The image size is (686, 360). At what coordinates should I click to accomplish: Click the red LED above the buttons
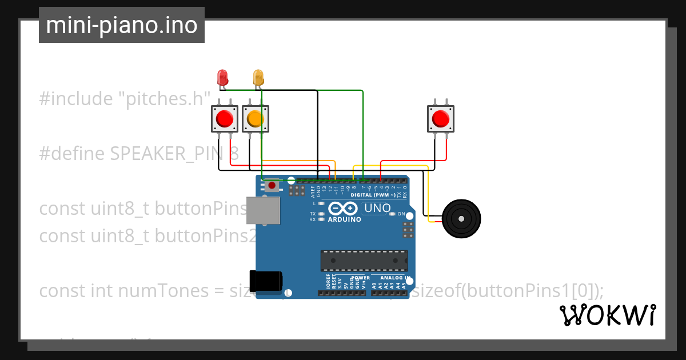pos(222,77)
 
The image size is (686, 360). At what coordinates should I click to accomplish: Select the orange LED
pos(258,77)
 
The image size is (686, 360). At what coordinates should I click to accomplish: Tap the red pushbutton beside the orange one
pos(224,119)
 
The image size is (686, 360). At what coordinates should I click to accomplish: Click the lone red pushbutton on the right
pos(440,119)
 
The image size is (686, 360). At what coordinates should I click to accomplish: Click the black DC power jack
pos(266,280)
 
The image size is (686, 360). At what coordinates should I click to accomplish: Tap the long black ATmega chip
pos(364,260)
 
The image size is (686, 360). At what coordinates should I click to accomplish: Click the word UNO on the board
pos(377,208)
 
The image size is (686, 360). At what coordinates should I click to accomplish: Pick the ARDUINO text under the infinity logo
pos(344,219)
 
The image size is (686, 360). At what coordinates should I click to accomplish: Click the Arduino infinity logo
pos(344,209)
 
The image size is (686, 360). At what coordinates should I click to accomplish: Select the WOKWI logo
pos(607,315)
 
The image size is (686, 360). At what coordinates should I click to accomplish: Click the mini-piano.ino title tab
pos(121,25)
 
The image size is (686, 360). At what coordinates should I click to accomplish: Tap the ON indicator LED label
pos(401,214)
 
